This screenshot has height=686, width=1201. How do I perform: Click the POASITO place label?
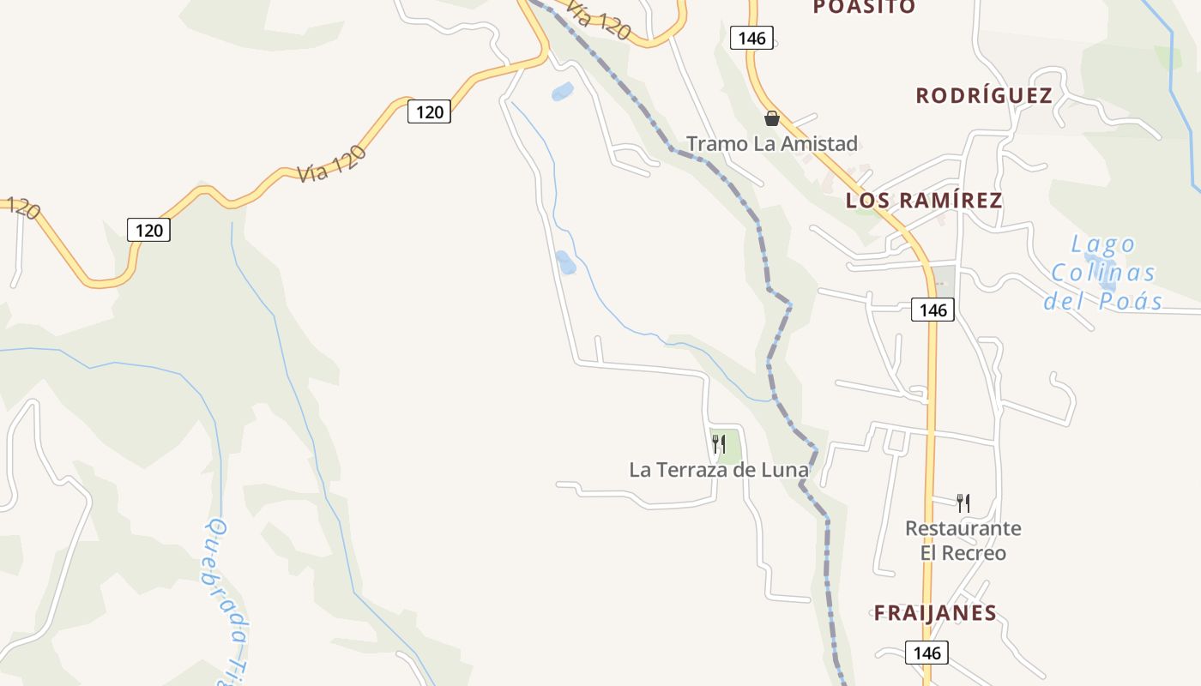click(864, 7)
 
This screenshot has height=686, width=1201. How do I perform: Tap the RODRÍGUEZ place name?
click(984, 95)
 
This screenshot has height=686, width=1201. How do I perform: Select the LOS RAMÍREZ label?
click(924, 201)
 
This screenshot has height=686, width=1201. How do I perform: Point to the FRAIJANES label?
click(935, 613)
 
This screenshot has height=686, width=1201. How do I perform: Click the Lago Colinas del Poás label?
click(1103, 273)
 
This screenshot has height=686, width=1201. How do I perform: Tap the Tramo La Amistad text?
click(772, 143)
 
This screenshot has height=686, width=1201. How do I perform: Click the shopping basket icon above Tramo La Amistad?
click(772, 118)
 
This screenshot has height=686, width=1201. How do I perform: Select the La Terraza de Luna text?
click(719, 470)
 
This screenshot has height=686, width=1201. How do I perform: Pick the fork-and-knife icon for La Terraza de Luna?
click(719, 444)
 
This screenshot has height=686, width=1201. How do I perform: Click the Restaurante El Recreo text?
click(963, 540)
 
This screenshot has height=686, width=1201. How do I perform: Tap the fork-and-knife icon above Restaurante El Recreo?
click(963, 502)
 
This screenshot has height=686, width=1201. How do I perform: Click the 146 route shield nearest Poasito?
click(751, 38)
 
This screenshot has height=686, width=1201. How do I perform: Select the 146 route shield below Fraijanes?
click(927, 653)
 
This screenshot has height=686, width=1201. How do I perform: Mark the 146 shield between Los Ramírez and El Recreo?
click(932, 310)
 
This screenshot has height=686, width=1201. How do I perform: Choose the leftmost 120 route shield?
click(148, 230)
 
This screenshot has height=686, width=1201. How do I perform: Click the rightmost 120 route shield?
click(429, 111)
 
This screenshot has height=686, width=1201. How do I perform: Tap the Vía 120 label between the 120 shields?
click(333, 164)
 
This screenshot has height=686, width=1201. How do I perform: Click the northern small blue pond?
click(562, 91)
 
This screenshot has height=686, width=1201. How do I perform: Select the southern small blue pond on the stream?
click(565, 262)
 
